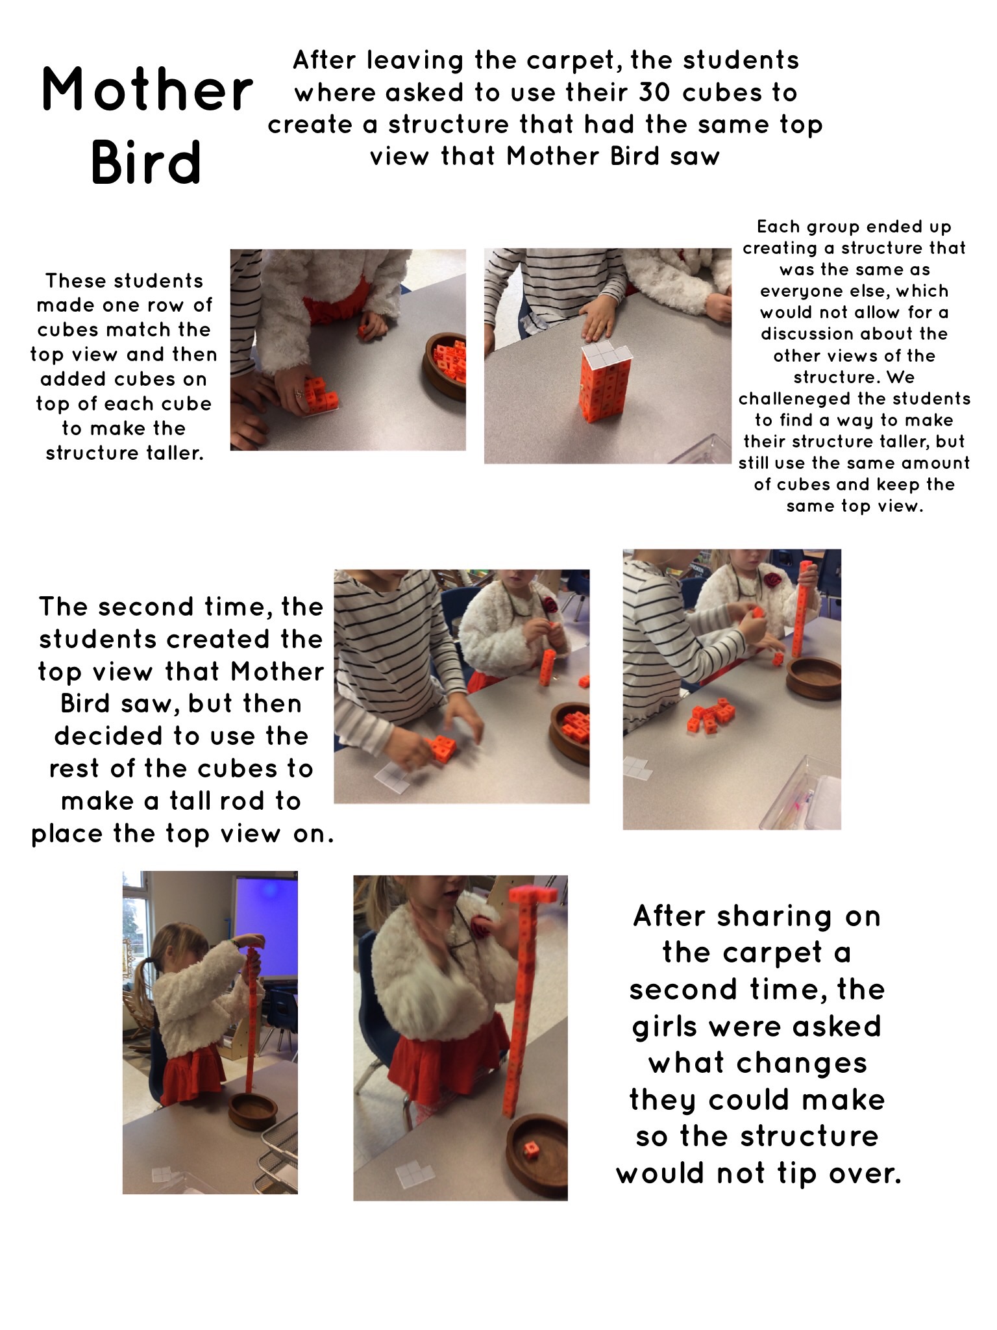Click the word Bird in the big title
click(x=146, y=161)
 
